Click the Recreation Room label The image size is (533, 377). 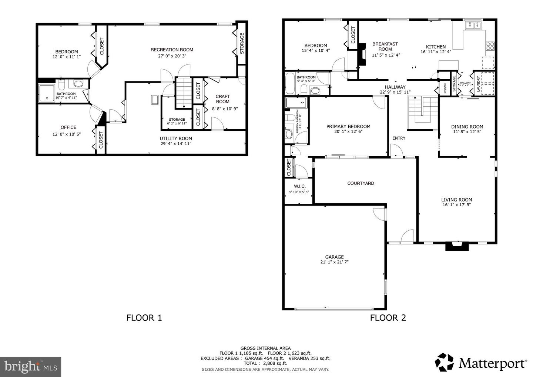tap(172, 50)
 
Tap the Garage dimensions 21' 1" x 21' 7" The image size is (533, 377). tap(335, 262)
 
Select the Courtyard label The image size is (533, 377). tap(361, 183)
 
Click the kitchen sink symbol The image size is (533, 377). tap(473, 25)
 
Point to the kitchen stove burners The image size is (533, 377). tap(490, 46)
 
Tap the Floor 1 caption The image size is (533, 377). tap(144, 317)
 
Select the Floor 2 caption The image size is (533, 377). tap(388, 317)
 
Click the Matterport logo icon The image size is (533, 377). tap(444, 362)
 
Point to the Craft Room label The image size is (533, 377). tap(222, 99)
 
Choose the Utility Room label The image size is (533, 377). tap(176, 139)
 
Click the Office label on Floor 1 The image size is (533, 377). tap(68, 127)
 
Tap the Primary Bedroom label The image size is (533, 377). tap(348, 126)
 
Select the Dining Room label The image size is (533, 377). tap(467, 126)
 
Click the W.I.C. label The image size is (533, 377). tap(299, 186)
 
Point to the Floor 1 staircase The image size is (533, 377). tap(182, 92)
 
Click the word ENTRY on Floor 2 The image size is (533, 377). tap(399, 138)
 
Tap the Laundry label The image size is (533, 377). tap(479, 84)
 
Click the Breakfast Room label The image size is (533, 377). tap(385, 46)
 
